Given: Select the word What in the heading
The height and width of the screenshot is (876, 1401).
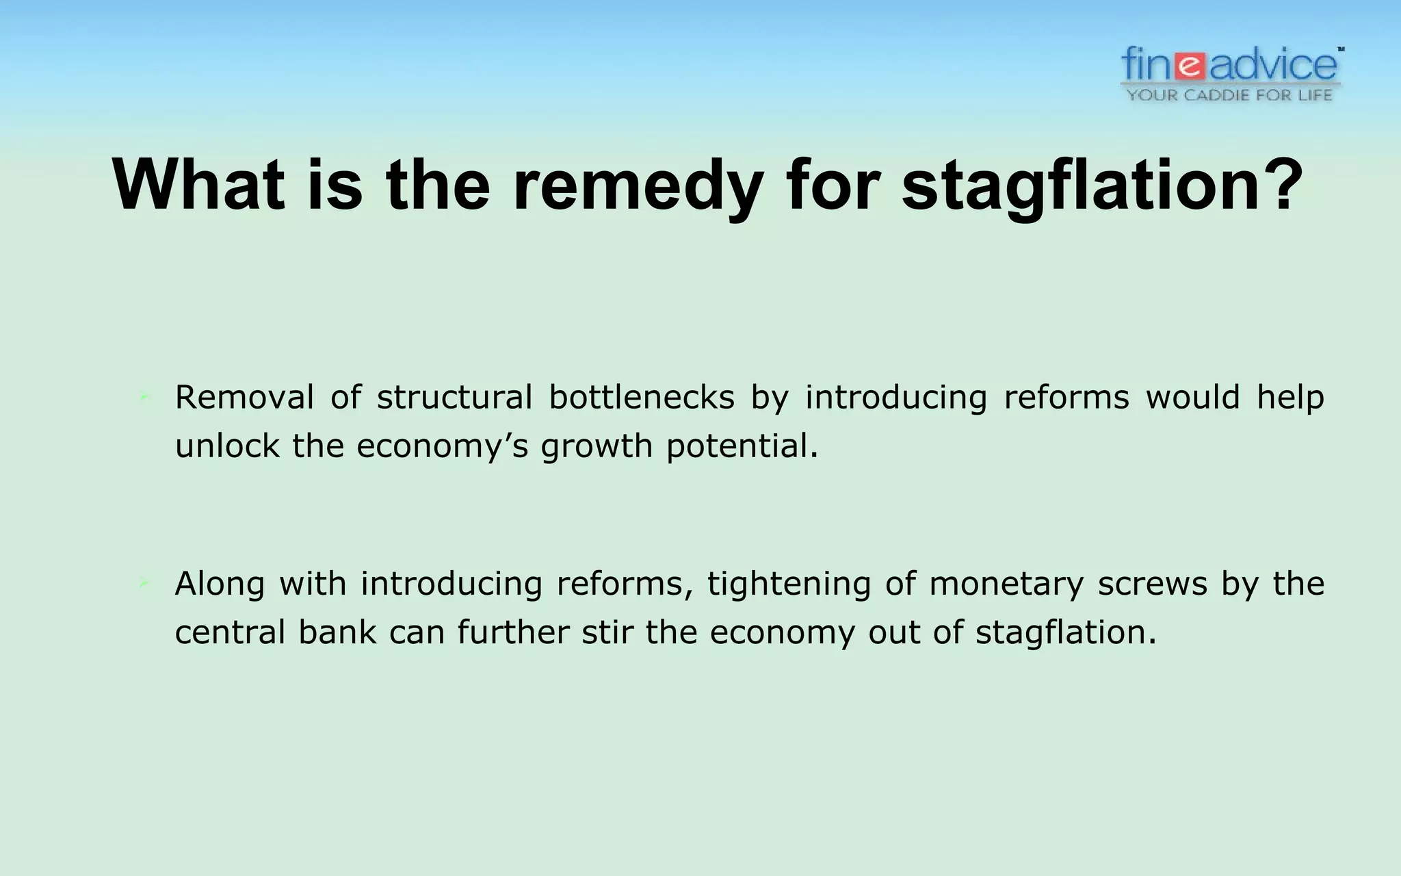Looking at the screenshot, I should point(198,185).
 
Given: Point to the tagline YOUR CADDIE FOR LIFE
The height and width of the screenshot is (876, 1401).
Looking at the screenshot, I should point(1230,94).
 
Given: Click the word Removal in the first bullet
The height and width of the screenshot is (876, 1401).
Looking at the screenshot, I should point(244,398).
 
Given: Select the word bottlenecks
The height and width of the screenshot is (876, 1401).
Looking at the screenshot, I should point(641,398).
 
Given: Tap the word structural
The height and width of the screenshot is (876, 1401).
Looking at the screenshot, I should point(454,398).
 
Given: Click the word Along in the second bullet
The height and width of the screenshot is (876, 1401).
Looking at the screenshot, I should point(219,584).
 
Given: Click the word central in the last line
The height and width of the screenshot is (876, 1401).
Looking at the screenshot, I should point(229,632).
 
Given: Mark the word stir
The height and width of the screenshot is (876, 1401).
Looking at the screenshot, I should point(606,632).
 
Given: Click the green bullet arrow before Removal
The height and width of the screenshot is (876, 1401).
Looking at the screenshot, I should point(144,398).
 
